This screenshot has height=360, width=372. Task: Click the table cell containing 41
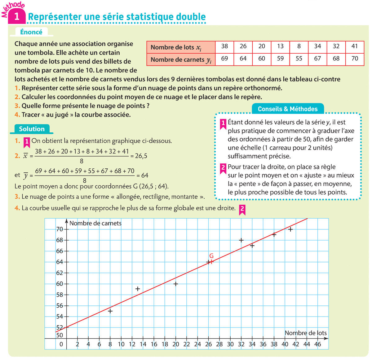coord(355,46)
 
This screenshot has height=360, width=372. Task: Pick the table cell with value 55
coord(299,58)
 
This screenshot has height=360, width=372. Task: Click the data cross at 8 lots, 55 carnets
coord(110,311)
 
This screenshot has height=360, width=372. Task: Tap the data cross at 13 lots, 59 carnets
coord(138,289)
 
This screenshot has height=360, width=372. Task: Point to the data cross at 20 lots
coord(176,284)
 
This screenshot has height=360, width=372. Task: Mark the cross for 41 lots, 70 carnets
coord(290,229)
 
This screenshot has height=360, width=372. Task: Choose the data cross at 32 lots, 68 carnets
coord(241,240)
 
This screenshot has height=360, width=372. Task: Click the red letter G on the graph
coord(211,256)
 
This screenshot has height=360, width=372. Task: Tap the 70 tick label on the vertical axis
coord(60,229)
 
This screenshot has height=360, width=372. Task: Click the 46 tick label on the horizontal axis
coord(317,344)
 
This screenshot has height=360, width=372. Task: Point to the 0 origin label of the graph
coord(61,344)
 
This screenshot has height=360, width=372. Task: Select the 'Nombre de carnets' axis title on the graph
coord(95,223)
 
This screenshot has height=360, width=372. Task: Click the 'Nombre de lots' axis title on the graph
coord(306,333)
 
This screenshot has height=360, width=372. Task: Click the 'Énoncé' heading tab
coord(31,32)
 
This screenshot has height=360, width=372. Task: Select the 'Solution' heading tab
coord(32,129)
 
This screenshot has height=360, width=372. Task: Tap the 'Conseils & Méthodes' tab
coord(288,109)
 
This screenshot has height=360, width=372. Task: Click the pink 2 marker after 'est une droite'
coord(242,209)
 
